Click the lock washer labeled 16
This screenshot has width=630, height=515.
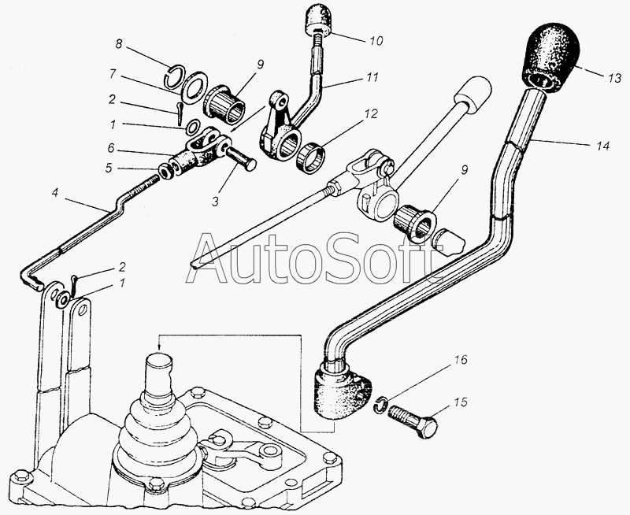(380, 404)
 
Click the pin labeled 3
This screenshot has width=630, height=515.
(239, 156)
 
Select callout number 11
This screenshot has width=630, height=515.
(373, 76)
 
